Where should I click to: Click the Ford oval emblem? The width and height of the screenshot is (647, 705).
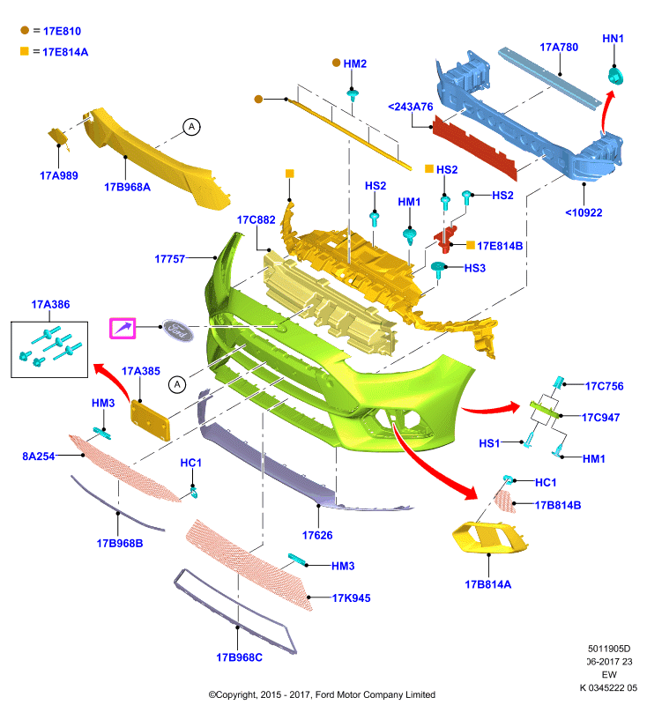(x=177, y=330)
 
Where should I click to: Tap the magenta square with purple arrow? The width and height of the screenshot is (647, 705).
(x=123, y=328)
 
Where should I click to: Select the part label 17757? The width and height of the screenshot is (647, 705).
(x=169, y=259)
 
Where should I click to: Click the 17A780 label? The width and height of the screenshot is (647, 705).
(x=559, y=48)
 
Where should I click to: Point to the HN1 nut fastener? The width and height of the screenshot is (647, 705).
(x=615, y=76)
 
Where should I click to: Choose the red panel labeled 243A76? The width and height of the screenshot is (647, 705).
(x=473, y=147)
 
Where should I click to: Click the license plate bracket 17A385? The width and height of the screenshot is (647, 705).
(x=150, y=421)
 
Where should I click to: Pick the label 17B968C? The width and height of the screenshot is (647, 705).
(x=239, y=657)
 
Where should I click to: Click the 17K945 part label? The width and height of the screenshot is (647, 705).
(x=351, y=598)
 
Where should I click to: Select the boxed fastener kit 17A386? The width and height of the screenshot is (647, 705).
(x=49, y=349)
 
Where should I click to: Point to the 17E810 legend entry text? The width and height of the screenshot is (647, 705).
(x=62, y=31)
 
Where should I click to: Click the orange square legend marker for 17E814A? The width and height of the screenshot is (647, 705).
(x=25, y=51)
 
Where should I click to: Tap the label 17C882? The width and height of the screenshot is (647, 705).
(x=256, y=219)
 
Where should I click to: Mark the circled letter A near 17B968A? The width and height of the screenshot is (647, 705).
(x=191, y=127)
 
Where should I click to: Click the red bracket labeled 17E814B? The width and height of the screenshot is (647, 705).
(x=445, y=239)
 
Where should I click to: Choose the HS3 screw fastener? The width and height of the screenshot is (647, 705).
(x=437, y=270)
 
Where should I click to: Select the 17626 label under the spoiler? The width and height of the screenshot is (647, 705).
(x=317, y=535)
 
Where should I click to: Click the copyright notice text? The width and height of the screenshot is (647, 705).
(x=322, y=694)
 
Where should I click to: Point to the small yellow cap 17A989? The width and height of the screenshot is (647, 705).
(x=58, y=137)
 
